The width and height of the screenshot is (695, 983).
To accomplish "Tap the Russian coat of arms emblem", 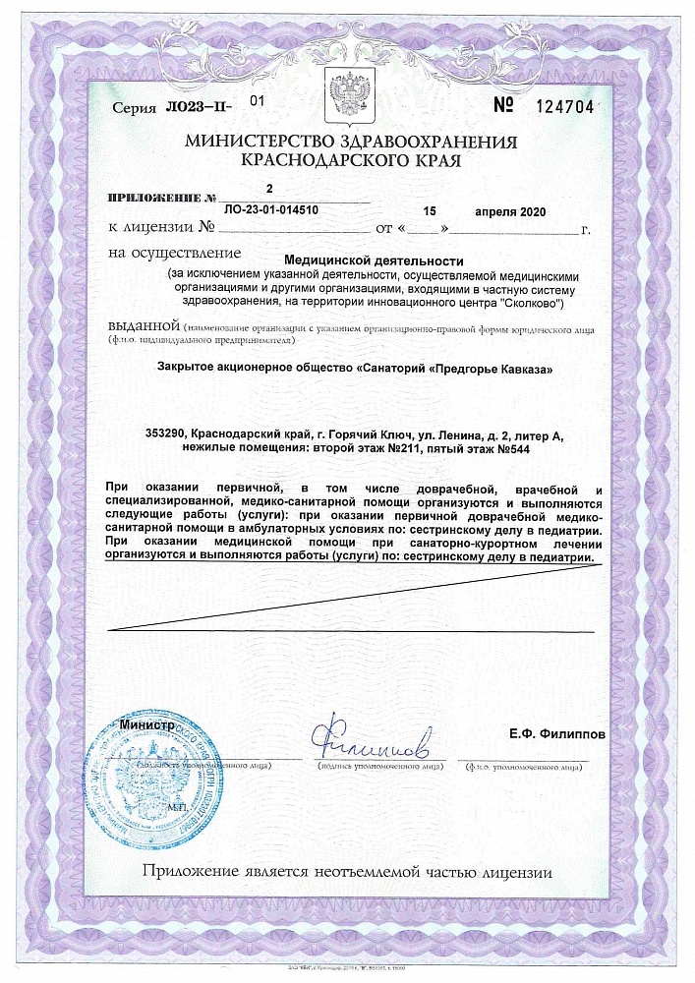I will [347, 98].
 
